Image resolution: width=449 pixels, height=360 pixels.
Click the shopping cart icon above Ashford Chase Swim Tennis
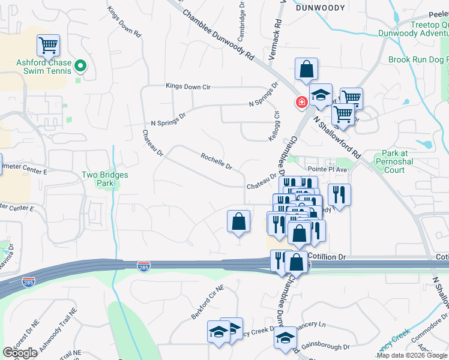[48, 45]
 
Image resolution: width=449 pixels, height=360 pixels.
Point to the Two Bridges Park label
[105, 179]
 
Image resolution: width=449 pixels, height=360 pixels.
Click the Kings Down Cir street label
[188, 87]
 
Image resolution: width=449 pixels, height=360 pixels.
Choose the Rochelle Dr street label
[216, 161]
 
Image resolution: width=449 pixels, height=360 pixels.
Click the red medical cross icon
[300, 103]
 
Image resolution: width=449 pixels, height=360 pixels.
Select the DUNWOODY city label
[321, 8]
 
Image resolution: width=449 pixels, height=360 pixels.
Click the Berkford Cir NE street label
[208, 296]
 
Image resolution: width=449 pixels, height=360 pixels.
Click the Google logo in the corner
[20, 353]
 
